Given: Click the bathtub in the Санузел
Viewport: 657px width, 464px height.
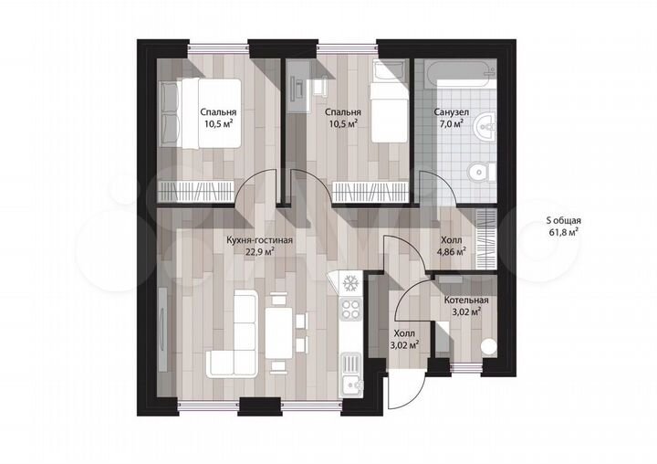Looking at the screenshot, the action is point(460,75).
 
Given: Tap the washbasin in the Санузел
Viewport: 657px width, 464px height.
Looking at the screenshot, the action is point(485,126).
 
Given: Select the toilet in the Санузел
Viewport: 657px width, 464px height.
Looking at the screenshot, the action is point(481,172).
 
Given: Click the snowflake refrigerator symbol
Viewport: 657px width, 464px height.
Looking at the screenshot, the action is point(350,283).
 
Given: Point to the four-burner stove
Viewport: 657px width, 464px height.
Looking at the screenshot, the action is point(350,310).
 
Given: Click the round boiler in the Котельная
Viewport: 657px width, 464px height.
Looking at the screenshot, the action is point(488,347).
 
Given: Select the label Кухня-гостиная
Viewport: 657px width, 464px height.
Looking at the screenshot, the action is point(259,240).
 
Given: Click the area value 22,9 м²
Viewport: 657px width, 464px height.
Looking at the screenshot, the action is point(260,251).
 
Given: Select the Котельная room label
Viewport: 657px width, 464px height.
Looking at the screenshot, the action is point(466,301).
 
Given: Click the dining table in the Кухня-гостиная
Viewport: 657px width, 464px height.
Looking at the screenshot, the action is point(279,333).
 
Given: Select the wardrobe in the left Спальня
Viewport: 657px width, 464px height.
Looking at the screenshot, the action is point(196,192).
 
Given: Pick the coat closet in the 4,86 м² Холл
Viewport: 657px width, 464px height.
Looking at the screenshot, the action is point(486,238).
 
